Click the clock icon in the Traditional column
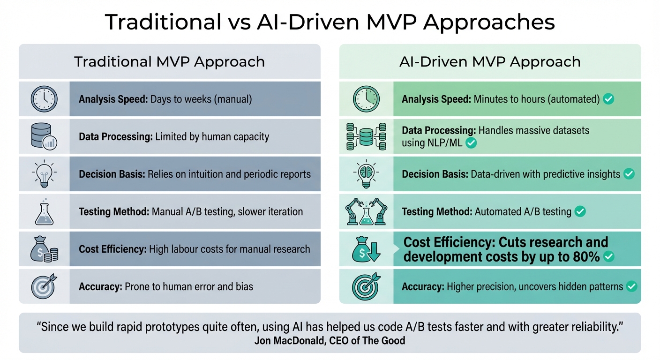click(x=44, y=99)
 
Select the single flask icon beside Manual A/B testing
click(x=44, y=211)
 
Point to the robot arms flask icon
click(x=366, y=211)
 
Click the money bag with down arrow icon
click(x=366, y=249)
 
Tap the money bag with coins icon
click(x=44, y=249)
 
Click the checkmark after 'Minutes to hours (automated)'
click(x=608, y=99)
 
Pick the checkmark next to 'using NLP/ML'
click(x=471, y=143)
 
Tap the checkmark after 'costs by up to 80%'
click(x=609, y=257)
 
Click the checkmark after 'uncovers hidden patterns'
click(x=631, y=286)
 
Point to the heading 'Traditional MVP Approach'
click(x=169, y=61)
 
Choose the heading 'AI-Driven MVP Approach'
click(x=490, y=61)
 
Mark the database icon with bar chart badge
click(x=44, y=136)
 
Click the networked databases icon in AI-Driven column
click(x=366, y=136)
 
